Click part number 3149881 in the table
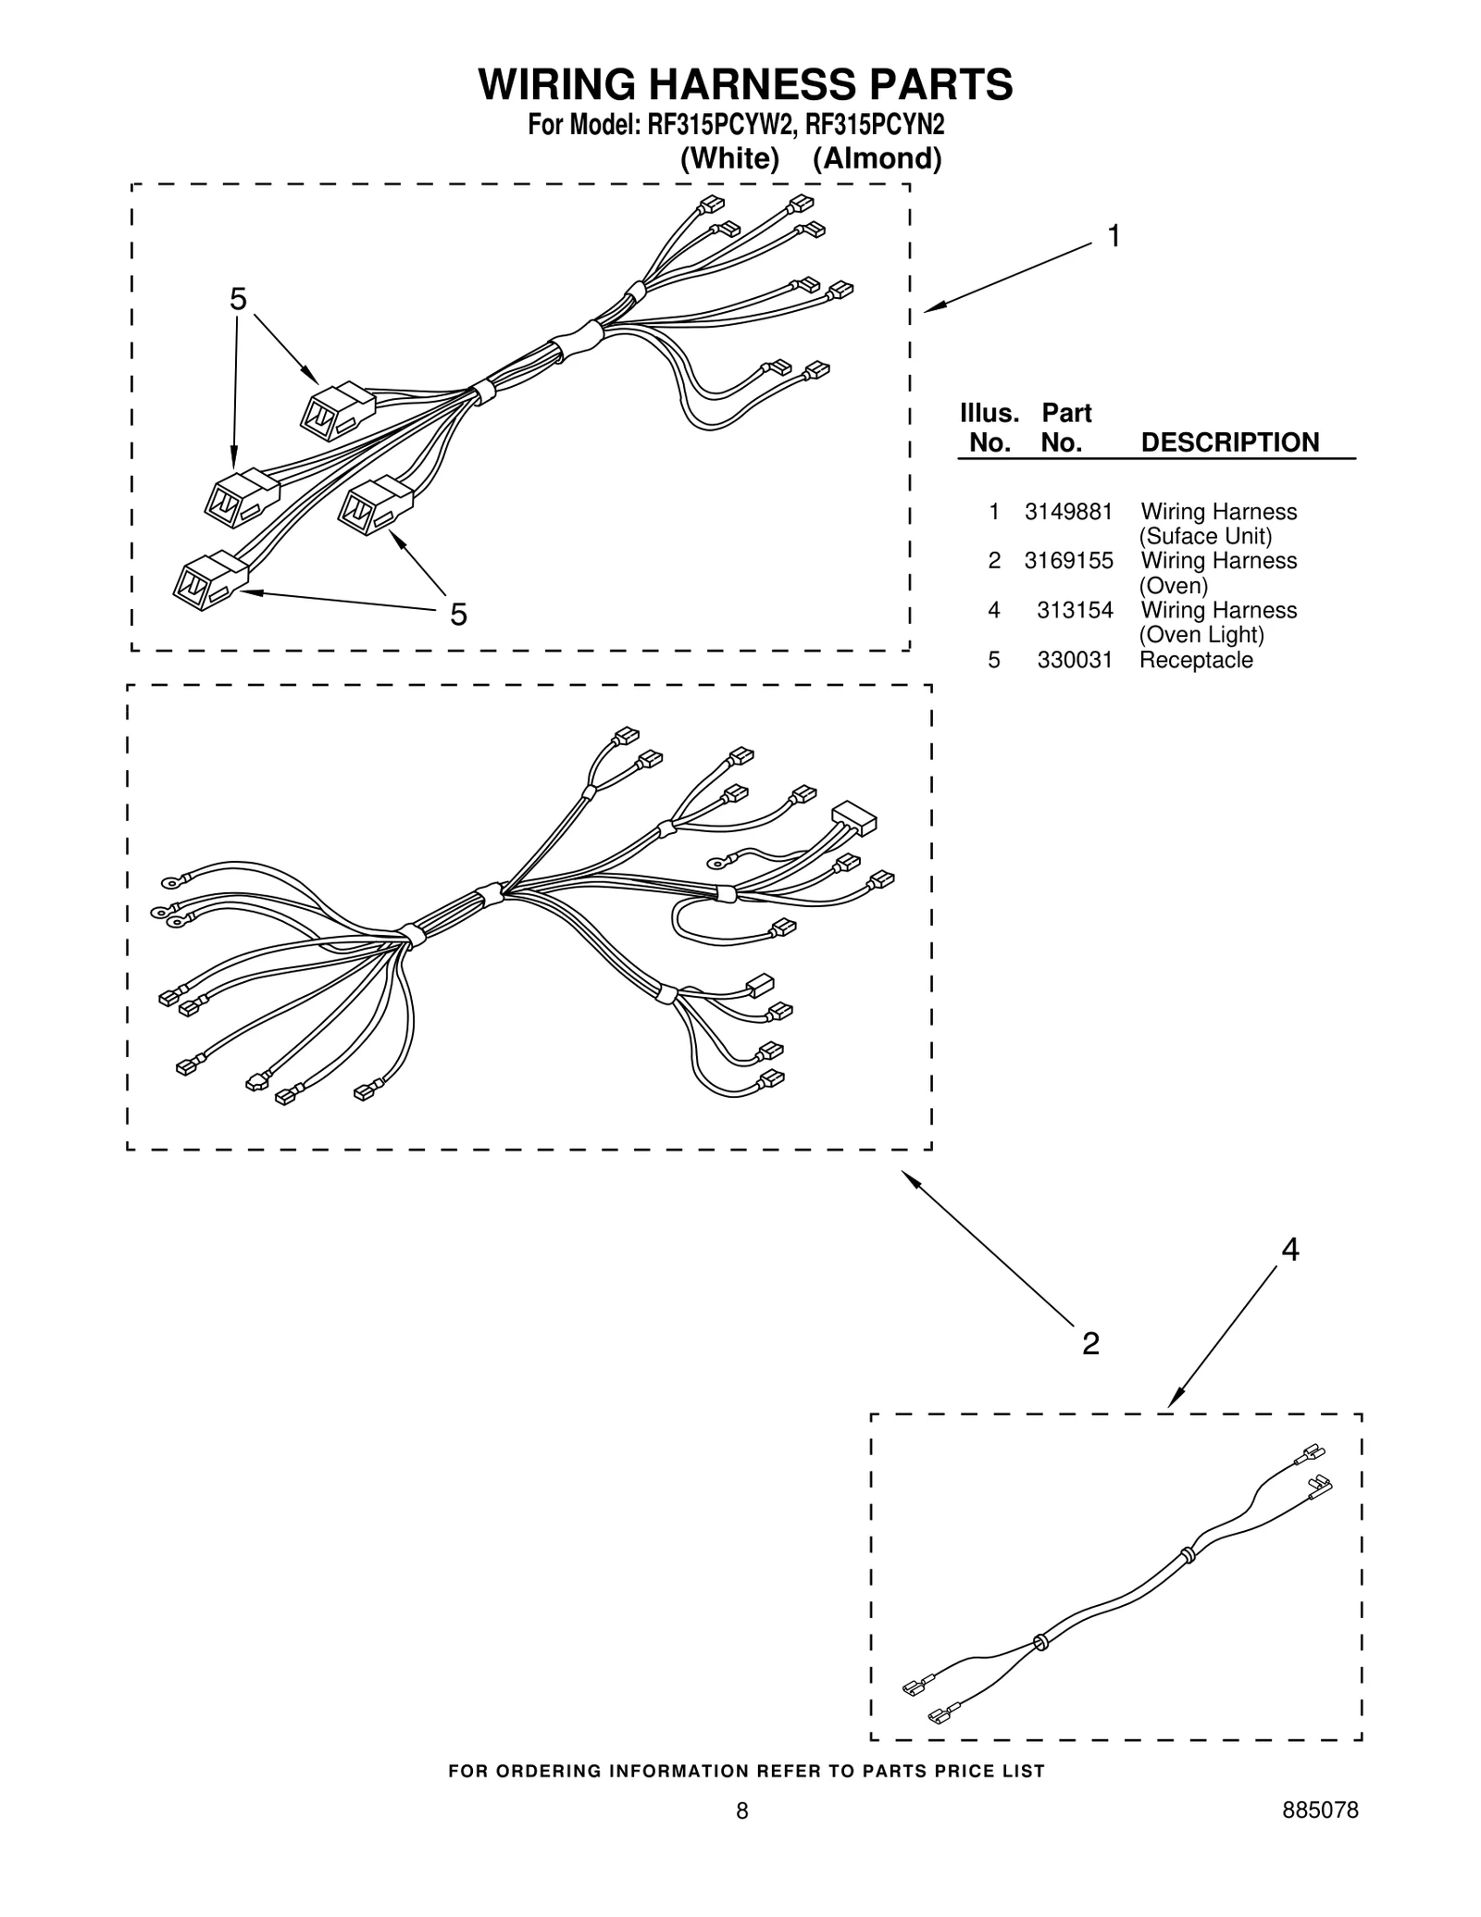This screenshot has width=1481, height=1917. coord(1068,512)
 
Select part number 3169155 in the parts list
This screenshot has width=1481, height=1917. coord(1068,561)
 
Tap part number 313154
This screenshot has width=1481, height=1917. coord(1075,610)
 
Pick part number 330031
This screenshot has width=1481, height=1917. coord(1075,660)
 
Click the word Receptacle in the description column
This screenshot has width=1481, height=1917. coord(1196,660)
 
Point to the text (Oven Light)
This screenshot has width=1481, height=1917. coord(1201,635)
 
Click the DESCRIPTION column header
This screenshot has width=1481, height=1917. coord(1229,442)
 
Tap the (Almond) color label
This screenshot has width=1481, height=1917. coord(877,159)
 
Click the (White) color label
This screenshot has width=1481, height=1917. coord(729,159)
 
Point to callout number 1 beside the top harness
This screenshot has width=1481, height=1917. coord(1114,237)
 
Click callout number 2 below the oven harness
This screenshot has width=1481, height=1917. coord(1090,1343)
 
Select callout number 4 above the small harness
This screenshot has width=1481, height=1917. coord(1289,1251)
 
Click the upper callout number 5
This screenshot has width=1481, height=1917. coord(238,300)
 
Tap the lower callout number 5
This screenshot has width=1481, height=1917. coord(458,615)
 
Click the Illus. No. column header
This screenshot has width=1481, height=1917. coord(989,428)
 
